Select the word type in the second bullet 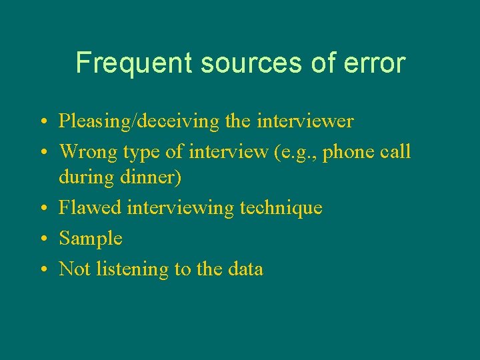pyautogui.click(x=142, y=153)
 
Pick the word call pyautogui.click(x=398, y=151)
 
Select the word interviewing pyautogui.click(x=180, y=209)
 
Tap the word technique pyautogui.click(x=281, y=209)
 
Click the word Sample pyautogui.click(x=91, y=239)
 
